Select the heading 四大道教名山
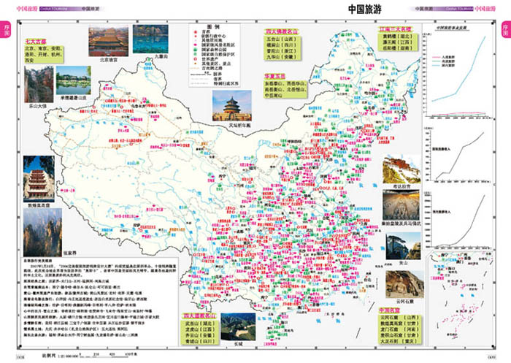[x=192, y=317]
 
